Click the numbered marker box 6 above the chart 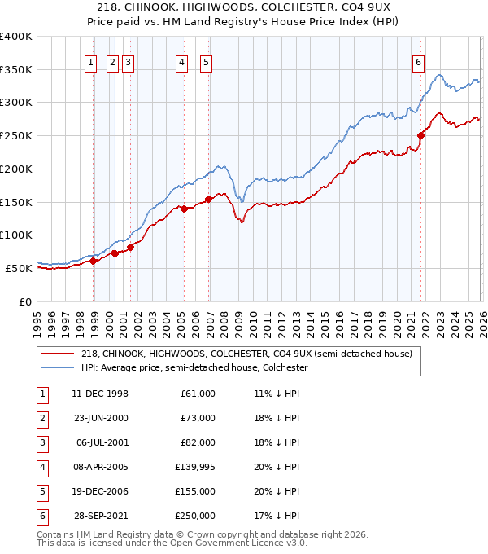point(418,61)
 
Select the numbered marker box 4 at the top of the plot point(181,61)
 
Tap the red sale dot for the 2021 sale point(421,136)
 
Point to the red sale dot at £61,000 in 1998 point(94,261)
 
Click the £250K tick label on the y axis point(16,135)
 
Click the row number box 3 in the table point(41,443)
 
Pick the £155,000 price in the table point(195,492)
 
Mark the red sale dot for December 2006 point(209,198)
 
